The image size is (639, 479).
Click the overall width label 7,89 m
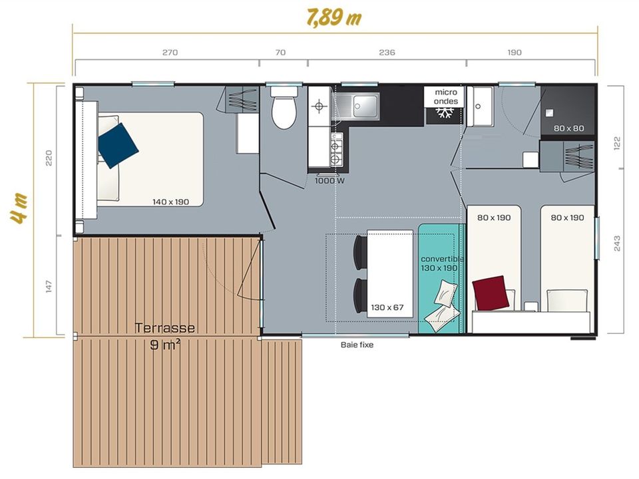(333, 17)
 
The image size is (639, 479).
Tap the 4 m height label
(19, 208)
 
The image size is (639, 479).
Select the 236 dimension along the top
(387, 52)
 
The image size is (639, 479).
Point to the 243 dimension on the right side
(617, 243)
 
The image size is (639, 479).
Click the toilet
(284, 107)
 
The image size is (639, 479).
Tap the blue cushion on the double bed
(118, 146)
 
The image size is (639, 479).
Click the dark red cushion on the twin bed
(491, 293)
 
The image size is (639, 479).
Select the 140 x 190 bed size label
(171, 202)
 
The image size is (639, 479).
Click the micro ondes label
(445, 96)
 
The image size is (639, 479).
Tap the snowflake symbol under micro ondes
(444, 113)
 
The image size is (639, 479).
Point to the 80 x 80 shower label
(568, 128)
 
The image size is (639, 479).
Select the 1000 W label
(329, 180)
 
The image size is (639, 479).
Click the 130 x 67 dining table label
(387, 307)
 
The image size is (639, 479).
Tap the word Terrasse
(164, 328)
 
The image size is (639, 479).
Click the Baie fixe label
(357, 345)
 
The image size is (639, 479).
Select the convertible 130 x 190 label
(441, 263)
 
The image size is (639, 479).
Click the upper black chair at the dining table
(361, 252)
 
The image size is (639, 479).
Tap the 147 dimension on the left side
(49, 286)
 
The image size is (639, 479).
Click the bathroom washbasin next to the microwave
(480, 106)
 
